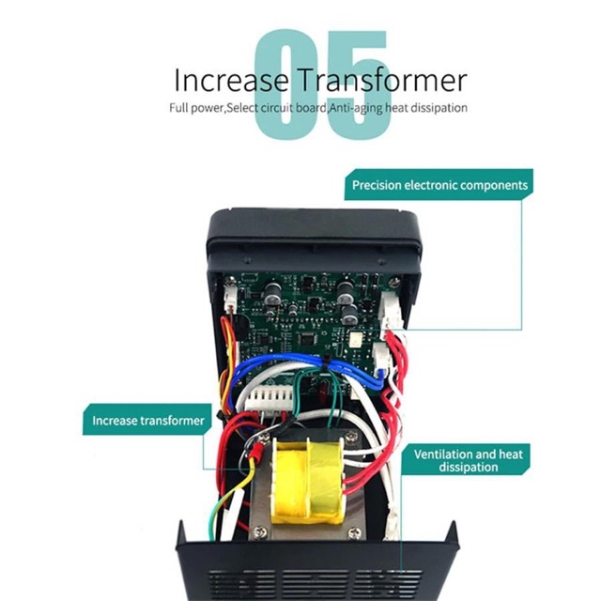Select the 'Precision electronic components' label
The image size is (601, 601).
point(439,185)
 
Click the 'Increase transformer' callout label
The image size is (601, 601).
point(148,420)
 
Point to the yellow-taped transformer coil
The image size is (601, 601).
point(306,484)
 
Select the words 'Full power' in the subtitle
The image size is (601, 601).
point(194,108)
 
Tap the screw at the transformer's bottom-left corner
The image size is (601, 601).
point(258,532)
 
